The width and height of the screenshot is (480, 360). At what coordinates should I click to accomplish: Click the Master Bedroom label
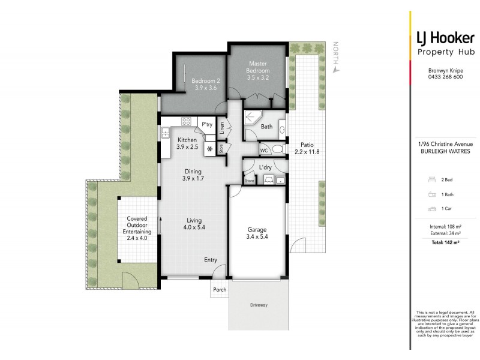click(258, 67)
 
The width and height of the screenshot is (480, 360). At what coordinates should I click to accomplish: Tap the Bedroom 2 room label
click(206, 81)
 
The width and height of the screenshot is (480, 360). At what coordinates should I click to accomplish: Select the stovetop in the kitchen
click(186, 122)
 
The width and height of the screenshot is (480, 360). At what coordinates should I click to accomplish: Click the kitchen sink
click(166, 133)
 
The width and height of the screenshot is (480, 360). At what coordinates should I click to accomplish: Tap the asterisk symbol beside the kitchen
click(209, 149)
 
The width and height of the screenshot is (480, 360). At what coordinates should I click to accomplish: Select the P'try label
click(207, 124)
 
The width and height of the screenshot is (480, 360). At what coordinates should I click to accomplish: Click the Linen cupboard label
click(222, 128)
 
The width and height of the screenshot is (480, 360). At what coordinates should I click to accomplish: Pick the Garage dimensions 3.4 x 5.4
click(257, 236)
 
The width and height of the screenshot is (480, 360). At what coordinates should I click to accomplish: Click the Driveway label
click(259, 305)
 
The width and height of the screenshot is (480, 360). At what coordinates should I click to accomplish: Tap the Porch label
click(220, 289)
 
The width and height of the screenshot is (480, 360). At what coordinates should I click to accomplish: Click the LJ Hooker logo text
click(445, 38)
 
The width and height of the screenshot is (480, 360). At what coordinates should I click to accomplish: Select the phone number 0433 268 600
click(445, 77)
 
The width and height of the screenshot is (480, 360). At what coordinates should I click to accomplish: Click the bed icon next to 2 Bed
click(432, 179)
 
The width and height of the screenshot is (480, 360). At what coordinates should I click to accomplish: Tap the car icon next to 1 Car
click(432, 209)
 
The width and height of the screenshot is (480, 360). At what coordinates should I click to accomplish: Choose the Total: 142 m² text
click(445, 242)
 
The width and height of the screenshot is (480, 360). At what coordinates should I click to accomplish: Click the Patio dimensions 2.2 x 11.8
click(307, 152)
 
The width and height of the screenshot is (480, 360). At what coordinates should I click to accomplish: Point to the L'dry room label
click(265, 167)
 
